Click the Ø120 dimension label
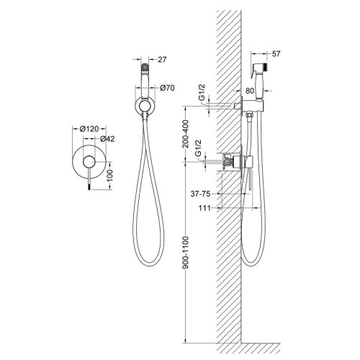click(89, 129)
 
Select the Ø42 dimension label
click(107, 139)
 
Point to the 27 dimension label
click(162, 60)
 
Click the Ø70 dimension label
click(167, 88)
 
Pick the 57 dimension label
click(276, 54)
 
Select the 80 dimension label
click(250, 91)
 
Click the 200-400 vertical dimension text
click(186, 134)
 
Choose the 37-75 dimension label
click(200, 194)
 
